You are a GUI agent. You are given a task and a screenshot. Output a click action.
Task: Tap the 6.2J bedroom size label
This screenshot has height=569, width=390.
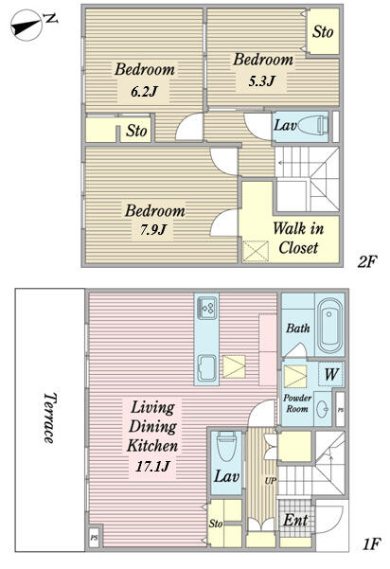point(144,92)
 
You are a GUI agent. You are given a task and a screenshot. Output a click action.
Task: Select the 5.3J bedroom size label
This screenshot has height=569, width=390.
point(261,80)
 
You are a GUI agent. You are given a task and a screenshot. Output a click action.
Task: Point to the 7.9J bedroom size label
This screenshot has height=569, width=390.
point(153,229)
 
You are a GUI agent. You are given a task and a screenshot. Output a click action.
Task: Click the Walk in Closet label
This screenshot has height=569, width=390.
point(298,238)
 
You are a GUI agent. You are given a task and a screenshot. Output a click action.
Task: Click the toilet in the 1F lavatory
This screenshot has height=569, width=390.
point(226,446)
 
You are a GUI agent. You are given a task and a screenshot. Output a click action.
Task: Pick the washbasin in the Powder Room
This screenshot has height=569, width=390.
point(322,409)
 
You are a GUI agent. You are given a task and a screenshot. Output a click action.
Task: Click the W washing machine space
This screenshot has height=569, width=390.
point(331,374)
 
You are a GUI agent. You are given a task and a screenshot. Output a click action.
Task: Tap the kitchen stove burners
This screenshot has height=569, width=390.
point(206,308)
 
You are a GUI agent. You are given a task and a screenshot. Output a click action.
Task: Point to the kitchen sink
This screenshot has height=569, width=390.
point(207,368)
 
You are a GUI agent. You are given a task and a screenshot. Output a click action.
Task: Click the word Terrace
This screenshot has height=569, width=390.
point(49,418)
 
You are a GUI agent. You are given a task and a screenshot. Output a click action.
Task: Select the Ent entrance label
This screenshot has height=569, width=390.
point(295,520)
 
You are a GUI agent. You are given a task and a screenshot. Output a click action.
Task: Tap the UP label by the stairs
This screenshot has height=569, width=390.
point(271,481)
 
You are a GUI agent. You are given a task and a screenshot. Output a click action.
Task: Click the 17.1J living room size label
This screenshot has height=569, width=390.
point(152,466)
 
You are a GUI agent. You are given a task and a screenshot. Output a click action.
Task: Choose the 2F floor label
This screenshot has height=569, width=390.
point(367,261)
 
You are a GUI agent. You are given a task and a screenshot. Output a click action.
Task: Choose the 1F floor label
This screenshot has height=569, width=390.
point(371,543)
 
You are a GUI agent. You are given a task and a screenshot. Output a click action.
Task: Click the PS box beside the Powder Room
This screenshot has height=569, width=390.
point(340,409)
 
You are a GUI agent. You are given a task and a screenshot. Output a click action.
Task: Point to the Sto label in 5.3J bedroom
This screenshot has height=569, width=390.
point(323,31)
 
